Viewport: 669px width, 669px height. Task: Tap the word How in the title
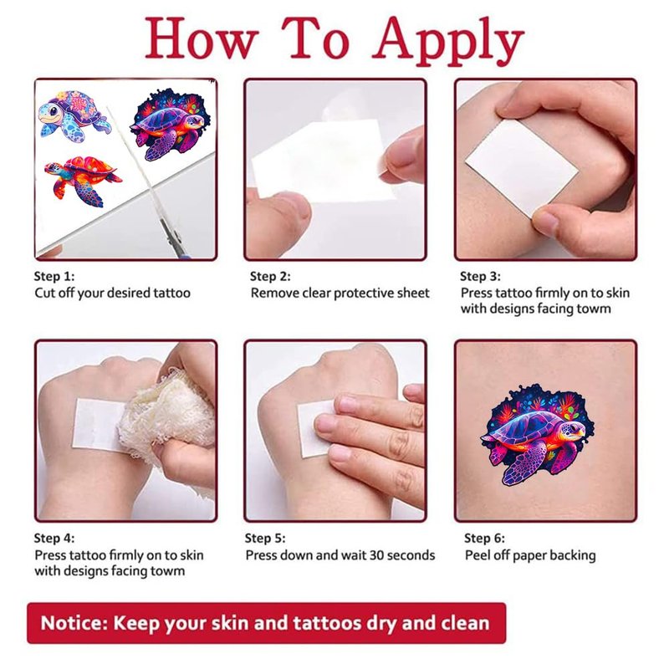tap(202, 38)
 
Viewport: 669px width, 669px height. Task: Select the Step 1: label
tap(54, 277)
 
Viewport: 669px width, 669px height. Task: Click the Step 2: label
tap(270, 277)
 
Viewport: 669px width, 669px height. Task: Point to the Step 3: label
tap(480, 277)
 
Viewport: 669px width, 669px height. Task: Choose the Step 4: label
tap(54, 538)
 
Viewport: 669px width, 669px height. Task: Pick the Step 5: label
tap(265, 538)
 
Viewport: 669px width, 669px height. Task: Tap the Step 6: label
tap(484, 538)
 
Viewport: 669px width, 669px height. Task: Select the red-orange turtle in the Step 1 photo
tap(83, 180)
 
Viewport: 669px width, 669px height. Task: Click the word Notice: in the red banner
tap(74, 623)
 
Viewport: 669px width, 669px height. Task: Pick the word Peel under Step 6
tap(477, 555)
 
